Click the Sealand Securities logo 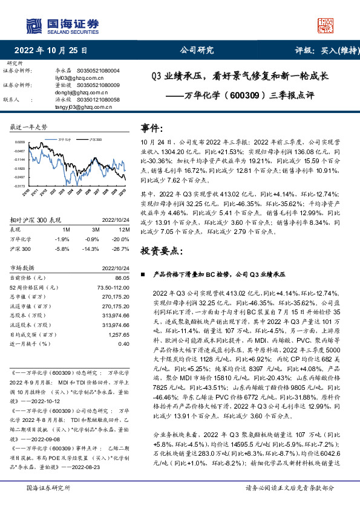pos(62,25)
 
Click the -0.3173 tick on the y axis pos(18,186)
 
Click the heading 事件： pos(152,129)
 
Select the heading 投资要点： pos(161,250)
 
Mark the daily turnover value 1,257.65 pos(119,334)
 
